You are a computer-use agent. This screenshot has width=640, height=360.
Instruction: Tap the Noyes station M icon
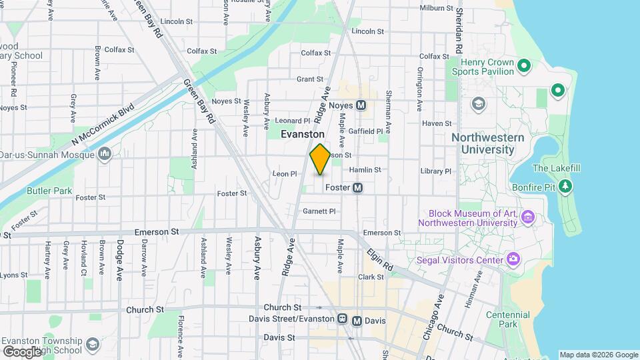click(361, 105)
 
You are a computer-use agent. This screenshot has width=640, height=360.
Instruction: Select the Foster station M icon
click(358, 188)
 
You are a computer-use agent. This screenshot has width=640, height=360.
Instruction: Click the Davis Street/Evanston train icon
click(343, 321)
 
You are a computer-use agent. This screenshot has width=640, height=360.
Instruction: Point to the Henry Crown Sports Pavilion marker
click(524, 65)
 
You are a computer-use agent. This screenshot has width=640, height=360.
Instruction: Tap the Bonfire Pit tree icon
click(565, 185)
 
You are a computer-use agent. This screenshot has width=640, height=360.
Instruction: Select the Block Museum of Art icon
click(529, 217)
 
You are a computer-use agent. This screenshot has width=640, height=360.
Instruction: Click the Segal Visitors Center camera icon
click(513, 259)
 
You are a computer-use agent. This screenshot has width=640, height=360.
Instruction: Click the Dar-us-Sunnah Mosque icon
click(105, 155)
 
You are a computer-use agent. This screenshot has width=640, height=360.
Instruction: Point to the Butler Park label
click(49, 191)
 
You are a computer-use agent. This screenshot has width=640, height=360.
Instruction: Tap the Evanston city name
click(303, 134)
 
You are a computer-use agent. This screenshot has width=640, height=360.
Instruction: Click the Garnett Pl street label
click(319, 211)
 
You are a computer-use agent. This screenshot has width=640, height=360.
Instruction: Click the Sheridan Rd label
click(459, 32)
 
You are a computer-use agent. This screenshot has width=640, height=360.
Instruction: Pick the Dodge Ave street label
click(120, 260)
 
